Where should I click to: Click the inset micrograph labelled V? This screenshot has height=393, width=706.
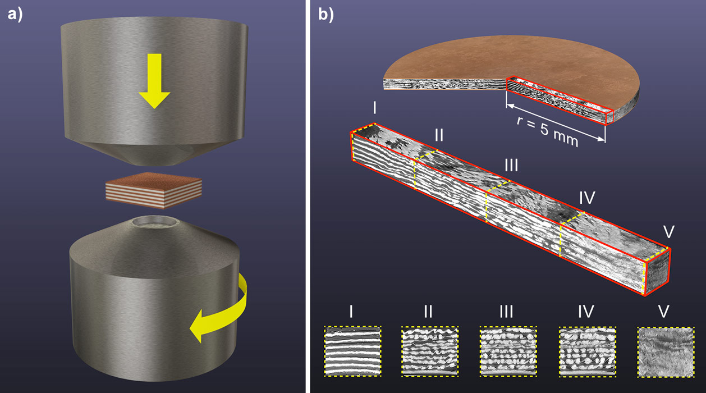tap(664, 352)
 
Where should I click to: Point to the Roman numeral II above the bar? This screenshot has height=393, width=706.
tap(439, 136)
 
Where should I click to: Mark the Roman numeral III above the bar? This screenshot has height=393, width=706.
tap(510, 166)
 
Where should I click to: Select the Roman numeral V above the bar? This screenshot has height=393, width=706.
tap(668, 231)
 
